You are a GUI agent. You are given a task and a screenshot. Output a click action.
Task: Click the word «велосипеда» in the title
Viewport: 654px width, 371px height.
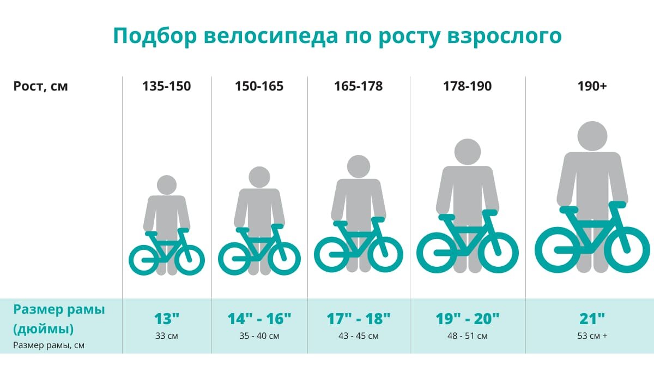(271, 35)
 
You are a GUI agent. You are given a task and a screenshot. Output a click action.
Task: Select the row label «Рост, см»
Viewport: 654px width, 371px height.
(40, 86)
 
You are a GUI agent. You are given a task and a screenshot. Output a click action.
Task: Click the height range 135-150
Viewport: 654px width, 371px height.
(166, 86)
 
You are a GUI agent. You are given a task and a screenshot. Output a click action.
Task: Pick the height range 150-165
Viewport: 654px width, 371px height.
(259, 86)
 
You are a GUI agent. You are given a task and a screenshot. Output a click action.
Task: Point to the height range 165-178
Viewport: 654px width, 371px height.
(358, 86)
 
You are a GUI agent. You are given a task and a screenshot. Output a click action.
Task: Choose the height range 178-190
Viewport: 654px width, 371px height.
(467, 86)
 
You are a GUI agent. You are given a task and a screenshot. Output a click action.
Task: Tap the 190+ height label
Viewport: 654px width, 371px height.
(592, 86)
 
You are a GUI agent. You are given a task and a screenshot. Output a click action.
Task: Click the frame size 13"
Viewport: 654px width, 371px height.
(166, 319)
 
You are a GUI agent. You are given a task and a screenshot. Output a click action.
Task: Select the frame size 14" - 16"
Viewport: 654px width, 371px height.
(259, 319)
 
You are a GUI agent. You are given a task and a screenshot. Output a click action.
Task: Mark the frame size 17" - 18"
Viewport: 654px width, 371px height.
(358, 319)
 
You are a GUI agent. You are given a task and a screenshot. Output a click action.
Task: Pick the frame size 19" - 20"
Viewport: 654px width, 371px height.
(468, 319)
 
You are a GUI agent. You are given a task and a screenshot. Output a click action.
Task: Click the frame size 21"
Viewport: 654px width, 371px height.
(592, 319)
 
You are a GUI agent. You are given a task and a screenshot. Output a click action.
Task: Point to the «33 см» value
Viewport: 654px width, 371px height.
(166, 336)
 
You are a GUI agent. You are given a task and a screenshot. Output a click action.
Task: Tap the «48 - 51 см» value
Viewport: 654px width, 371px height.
(468, 336)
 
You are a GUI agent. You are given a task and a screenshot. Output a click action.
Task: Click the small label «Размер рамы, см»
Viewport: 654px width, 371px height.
(49, 345)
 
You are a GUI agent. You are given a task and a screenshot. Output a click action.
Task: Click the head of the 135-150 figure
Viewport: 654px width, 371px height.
(167, 185)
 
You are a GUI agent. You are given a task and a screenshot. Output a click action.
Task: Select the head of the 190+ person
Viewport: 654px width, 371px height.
(592, 136)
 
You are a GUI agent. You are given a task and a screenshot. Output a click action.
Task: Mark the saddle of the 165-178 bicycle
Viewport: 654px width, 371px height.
(341, 224)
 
